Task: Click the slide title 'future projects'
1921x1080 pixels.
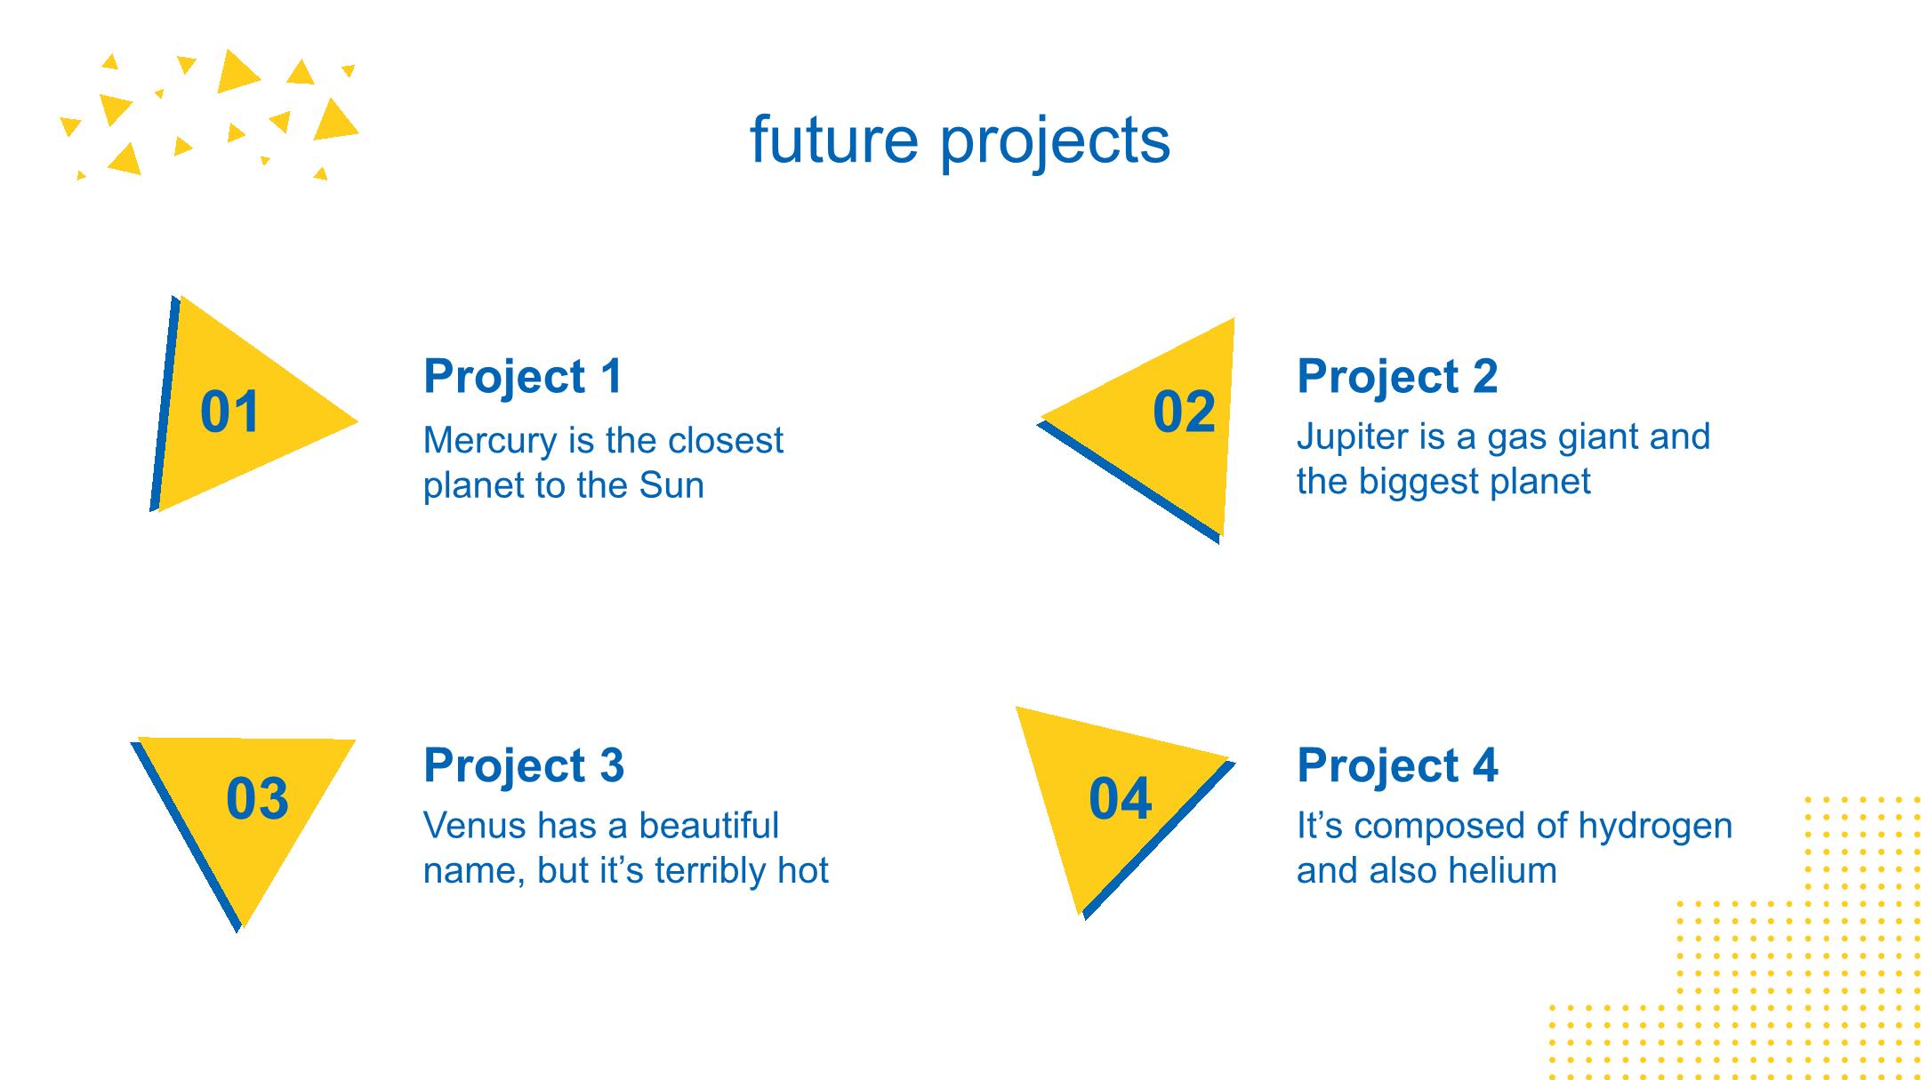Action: tap(960, 140)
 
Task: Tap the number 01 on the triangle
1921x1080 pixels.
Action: tap(230, 412)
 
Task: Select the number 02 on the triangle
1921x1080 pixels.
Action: tap(1184, 412)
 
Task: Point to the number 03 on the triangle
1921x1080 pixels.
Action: tap(257, 798)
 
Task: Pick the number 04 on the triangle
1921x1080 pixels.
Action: tap(1121, 798)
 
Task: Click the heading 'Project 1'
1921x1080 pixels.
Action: tap(524, 376)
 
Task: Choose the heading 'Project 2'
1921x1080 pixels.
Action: tap(1397, 376)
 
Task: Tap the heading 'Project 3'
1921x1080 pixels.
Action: tap(524, 765)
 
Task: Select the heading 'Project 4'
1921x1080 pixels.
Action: tap(1397, 765)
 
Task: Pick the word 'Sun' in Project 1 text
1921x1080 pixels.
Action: tap(671, 485)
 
